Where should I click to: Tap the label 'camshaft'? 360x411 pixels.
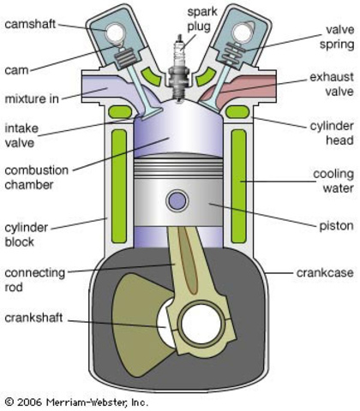[31, 25]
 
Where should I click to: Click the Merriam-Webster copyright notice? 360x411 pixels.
[76, 401]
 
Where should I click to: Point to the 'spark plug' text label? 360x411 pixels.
[180, 14]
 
